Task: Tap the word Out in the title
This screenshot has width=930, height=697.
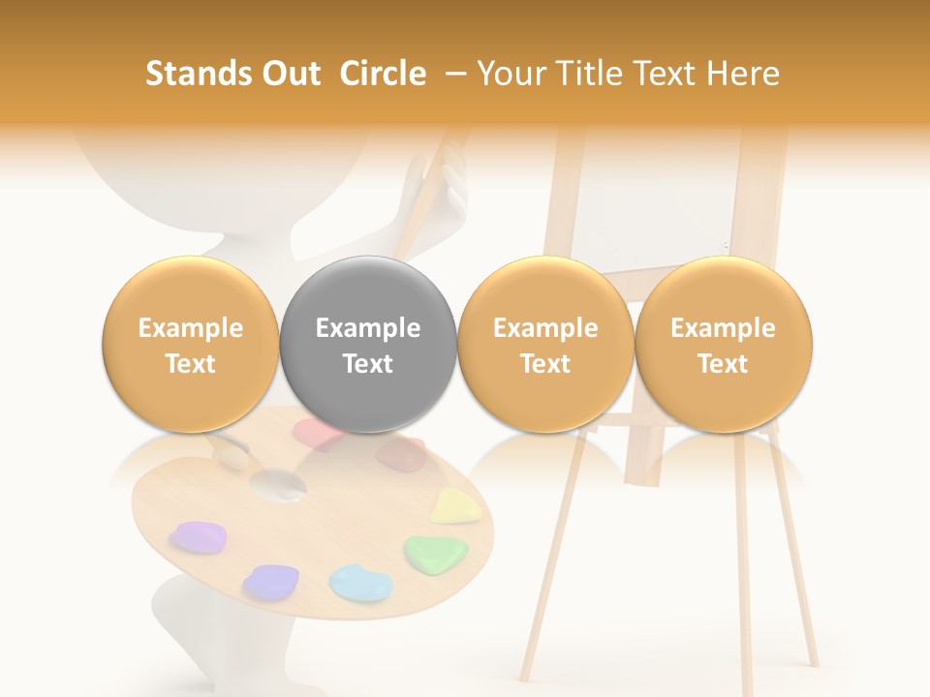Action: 289,74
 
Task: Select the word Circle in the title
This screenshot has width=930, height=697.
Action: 383,74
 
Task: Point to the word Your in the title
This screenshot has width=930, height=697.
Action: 510,74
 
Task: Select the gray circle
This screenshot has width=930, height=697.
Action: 368,345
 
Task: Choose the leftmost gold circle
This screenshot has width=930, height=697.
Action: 190,345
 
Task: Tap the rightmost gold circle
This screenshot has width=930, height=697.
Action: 724,345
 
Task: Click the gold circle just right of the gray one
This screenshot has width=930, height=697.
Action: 545,345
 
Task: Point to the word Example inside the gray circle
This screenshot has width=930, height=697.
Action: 368,328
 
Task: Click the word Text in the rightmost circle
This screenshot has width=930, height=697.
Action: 724,364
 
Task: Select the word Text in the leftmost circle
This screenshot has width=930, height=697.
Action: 190,364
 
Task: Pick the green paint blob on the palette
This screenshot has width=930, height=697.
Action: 436,554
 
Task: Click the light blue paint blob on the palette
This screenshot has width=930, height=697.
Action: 360,582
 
